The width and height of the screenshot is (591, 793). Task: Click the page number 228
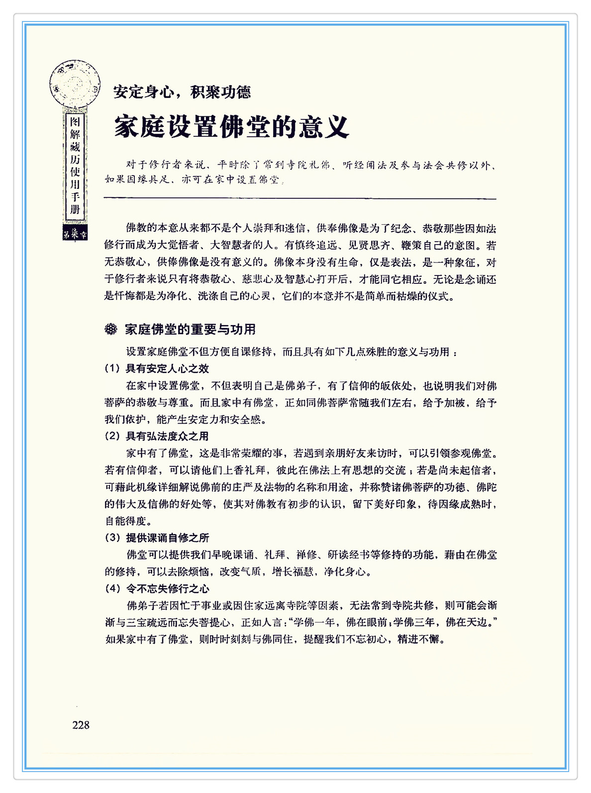81,725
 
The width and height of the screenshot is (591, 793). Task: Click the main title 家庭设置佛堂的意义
231,127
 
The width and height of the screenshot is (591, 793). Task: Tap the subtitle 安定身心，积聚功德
182,92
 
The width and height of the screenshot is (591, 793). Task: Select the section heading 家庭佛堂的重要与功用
190,329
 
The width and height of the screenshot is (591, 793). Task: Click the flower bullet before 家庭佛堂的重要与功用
110,329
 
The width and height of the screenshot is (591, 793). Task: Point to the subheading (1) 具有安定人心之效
157,368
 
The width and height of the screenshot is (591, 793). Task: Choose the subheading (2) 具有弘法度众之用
157,436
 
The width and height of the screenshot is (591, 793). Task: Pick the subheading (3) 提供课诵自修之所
157,537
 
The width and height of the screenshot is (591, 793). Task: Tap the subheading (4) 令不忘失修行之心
157,589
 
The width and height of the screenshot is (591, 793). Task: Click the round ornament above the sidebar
75,84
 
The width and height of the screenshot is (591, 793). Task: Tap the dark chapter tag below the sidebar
75,233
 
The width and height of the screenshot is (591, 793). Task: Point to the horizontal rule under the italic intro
299,199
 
